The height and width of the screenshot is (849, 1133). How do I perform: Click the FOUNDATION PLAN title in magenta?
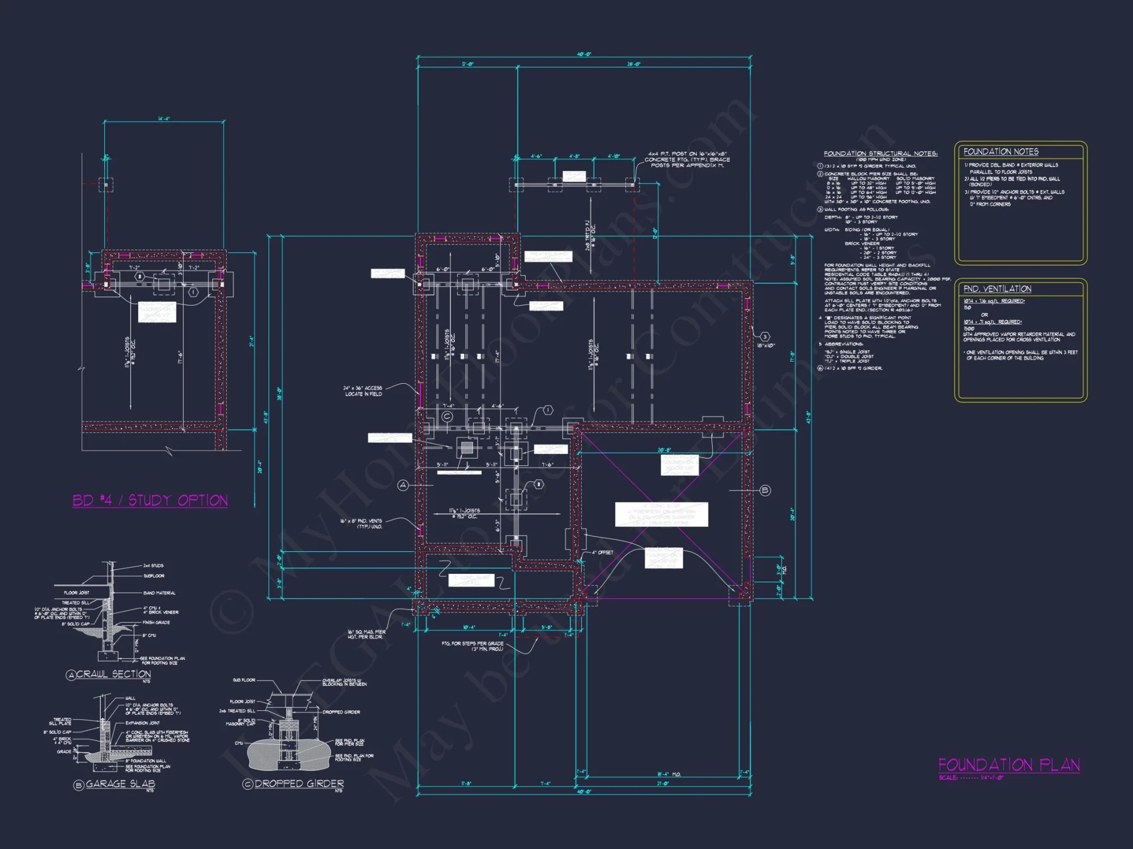click(1008, 765)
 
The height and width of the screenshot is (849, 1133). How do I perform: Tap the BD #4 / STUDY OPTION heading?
click(150, 500)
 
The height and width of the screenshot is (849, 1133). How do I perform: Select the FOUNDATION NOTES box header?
click(1001, 152)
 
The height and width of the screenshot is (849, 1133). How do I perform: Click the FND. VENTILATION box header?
click(997, 289)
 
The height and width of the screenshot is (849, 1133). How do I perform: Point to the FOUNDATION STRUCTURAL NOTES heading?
click(880, 153)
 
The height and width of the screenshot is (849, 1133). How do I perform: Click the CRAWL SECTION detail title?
click(113, 674)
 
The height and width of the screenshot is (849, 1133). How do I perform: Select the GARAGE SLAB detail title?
click(120, 784)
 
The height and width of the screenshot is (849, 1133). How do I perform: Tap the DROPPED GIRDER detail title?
click(299, 784)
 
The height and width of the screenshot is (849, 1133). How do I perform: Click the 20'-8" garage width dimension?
click(664, 450)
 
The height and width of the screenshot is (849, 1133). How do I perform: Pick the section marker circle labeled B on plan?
click(765, 490)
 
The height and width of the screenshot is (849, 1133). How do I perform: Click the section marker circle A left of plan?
click(403, 485)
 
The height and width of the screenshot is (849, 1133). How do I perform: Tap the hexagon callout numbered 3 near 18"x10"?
click(764, 337)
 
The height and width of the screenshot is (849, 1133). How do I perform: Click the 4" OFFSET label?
click(602, 552)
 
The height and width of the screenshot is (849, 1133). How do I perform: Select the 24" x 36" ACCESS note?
click(363, 391)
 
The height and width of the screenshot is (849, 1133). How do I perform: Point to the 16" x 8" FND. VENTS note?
click(361, 524)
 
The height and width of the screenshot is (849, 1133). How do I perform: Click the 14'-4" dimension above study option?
click(164, 119)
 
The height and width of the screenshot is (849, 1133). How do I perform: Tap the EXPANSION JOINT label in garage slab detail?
click(142, 723)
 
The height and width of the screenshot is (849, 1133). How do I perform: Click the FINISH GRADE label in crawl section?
click(156, 622)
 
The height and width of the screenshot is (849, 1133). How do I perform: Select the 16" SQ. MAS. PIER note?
click(367, 634)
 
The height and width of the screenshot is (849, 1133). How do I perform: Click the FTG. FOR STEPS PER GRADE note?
click(472, 646)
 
